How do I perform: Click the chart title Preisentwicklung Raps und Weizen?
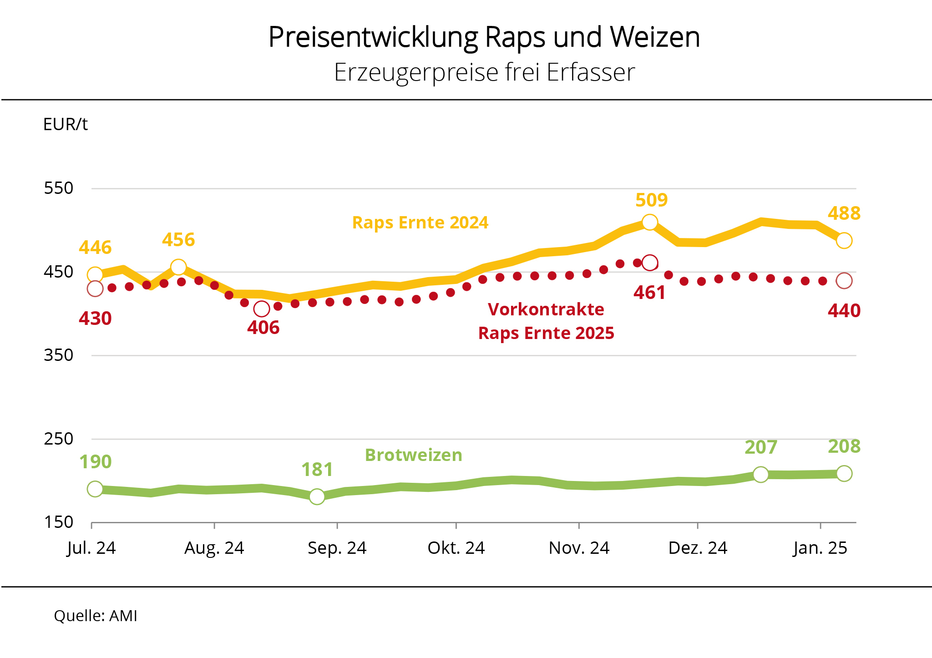point(484,37)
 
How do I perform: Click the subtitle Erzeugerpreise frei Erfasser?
point(484,72)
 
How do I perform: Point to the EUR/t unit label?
point(65,125)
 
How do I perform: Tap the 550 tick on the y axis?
point(58,188)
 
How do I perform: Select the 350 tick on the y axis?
point(58,355)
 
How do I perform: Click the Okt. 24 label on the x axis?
point(456,548)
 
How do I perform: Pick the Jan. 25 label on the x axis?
point(820,548)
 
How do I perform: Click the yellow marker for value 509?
point(649,222)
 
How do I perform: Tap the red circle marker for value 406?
point(262,309)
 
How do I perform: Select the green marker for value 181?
point(317,496)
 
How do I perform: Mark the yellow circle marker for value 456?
point(178,267)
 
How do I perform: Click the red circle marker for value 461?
point(649,263)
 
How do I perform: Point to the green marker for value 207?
point(760,475)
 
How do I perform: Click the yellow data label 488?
point(844,213)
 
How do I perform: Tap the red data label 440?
point(844,311)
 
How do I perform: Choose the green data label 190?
point(96,462)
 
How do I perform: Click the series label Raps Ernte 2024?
point(420,223)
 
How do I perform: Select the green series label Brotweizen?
point(413,455)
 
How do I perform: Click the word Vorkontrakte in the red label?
point(546,309)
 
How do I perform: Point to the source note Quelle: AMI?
point(96,616)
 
